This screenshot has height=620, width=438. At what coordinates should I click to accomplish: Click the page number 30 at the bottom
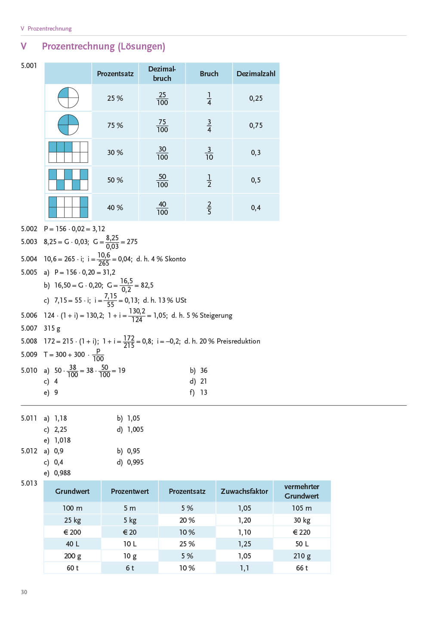point(24,592)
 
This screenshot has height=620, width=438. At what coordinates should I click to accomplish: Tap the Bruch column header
point(209,74)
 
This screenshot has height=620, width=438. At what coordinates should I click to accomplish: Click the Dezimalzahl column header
point(256,74)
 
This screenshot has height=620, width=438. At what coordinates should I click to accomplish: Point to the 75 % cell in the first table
point(115,125)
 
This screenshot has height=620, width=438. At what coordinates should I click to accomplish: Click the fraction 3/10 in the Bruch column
point(209,153)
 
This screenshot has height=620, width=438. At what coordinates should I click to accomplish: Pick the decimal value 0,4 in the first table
point(256,208)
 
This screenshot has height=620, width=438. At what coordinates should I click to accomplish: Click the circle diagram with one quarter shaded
point(68,98)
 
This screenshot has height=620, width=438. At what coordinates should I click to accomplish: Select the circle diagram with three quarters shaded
point(68,125)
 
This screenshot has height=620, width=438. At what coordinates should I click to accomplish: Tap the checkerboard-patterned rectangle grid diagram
point(68,180)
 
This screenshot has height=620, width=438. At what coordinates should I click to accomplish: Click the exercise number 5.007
point(29,328)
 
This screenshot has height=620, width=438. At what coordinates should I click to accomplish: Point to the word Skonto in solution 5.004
point(175,259)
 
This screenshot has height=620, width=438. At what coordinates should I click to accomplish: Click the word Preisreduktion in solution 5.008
point(238,341)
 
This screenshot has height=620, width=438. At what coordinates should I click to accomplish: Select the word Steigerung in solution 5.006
point(216,315)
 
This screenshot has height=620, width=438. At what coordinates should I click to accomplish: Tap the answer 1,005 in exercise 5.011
point(135,429)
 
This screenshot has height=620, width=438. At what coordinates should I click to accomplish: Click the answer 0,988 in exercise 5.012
point(62,473)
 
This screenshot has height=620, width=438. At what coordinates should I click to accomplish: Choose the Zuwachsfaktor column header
point(244,491)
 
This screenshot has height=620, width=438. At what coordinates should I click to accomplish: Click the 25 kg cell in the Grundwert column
point(72,520)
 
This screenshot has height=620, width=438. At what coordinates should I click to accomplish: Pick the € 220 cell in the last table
point(302,532)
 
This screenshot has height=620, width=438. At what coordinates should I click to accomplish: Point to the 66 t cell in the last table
point(302,568)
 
